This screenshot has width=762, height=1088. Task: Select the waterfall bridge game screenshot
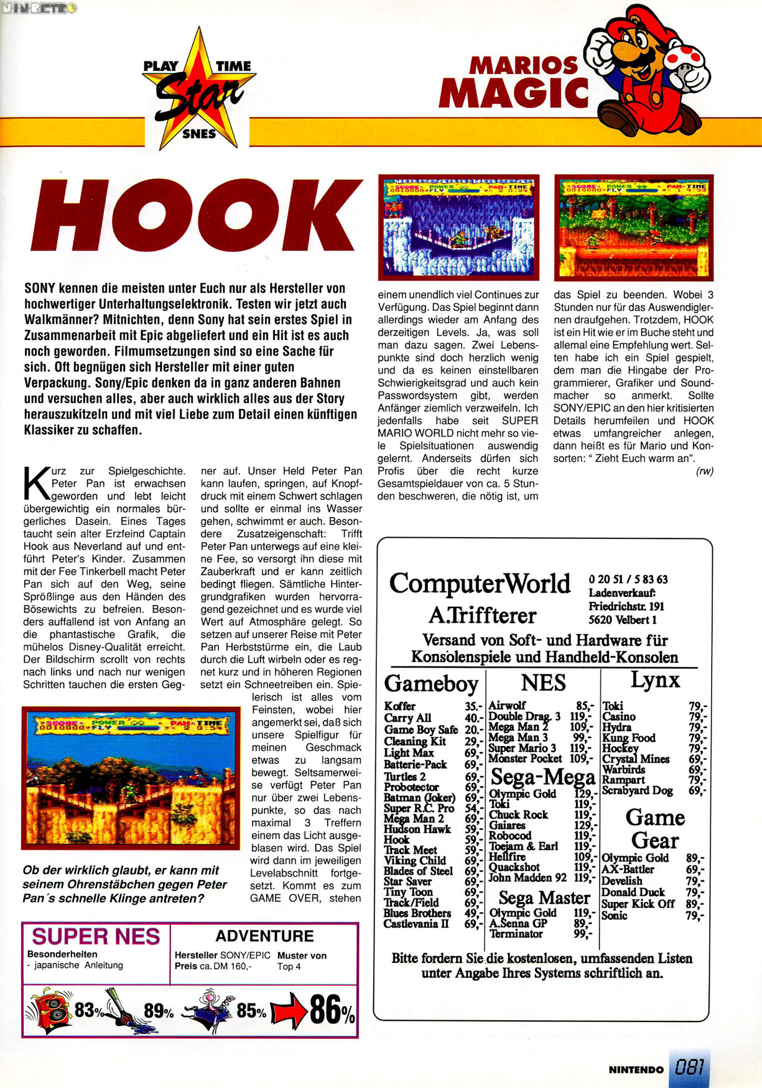tap(458, 227)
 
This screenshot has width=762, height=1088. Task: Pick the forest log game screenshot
tap(633, 227)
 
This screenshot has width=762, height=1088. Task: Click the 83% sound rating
tap(89, 1010)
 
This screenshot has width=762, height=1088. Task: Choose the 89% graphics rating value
tap(159, 1011)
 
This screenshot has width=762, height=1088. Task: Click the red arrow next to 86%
tap(290, 1012)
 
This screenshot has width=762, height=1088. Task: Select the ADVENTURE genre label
tap(264, 936)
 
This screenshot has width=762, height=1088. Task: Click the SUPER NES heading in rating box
tap(96, 936)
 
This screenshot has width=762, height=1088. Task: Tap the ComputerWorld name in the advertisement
tap(480, 583)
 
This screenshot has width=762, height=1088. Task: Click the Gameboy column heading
tap(431, 683)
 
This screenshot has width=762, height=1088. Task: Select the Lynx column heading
tap(655, 680)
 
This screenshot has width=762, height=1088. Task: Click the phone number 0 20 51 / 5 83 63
tap(628, 579)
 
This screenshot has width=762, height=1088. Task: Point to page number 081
tap(689, 1068)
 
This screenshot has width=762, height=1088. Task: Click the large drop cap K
tap(35, 484)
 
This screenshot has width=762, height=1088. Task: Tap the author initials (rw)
tap(704, 471)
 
